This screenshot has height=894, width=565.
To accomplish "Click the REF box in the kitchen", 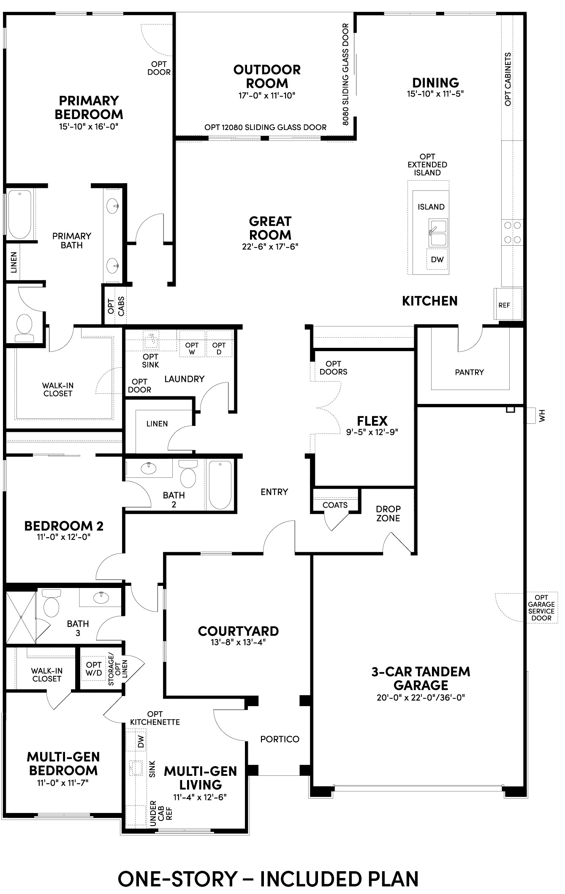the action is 508,304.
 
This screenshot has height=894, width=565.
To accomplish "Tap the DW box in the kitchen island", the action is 437,259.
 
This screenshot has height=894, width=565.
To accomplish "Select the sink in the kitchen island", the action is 438,233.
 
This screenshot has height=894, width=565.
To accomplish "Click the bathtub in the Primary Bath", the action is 20,214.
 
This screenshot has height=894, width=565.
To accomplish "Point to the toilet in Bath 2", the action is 188,474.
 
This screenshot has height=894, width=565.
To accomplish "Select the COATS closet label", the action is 335,505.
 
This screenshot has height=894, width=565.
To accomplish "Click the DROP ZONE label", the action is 388,513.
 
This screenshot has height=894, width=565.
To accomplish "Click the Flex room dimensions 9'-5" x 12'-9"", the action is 372,432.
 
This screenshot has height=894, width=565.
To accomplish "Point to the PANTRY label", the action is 470,372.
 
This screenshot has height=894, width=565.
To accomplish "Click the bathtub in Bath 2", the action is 220,485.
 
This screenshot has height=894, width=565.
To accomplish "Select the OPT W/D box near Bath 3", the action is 94,669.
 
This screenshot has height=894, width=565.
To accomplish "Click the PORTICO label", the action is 280,739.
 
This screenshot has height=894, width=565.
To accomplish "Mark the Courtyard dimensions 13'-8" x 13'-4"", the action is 239,642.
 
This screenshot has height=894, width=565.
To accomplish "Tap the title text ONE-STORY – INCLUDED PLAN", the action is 268,878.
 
